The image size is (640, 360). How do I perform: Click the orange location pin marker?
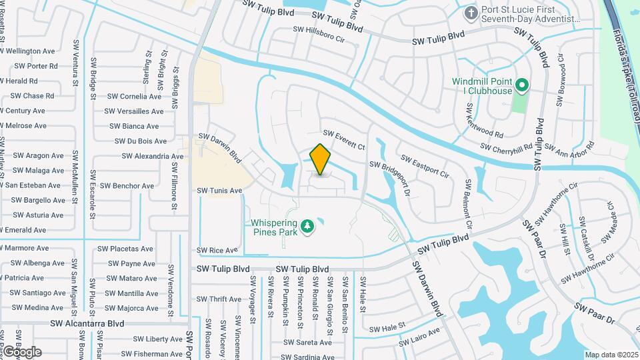tap(321, 160)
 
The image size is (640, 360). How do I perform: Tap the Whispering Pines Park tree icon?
tap(307, 227)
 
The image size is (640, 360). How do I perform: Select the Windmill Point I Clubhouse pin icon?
tap(523, 86)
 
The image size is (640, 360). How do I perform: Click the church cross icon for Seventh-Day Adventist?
tap(471, 13)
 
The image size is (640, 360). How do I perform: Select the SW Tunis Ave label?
tap(219, 191)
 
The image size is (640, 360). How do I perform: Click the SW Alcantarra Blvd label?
tap(87, 323)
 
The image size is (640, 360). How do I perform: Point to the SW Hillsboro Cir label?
tap(320, 35)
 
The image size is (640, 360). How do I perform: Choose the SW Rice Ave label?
tap(217, 251)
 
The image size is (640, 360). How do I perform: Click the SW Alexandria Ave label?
tap(153, 157)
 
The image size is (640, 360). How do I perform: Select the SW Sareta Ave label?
tap(307, 343)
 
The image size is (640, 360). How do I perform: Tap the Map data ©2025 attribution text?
tap(610, 355)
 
